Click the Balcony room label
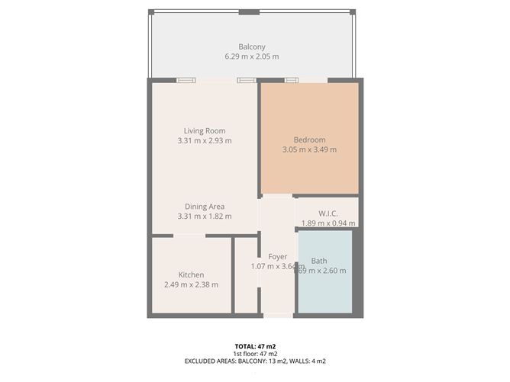(252, 46)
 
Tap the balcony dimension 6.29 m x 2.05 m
(252, 56)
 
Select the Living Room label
(205, 130)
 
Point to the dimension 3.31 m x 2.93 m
(205, 140)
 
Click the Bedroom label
(309, 140)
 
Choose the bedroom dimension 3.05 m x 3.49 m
(309, 149)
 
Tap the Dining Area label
(205, 206)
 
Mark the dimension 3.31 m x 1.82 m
(205, 217)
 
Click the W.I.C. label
(328, 213)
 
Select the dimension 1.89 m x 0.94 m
(328, 223)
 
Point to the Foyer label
(277, 257)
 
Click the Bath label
(319, 261)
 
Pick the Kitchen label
(191, 274)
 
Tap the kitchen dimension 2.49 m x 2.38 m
(191, 284)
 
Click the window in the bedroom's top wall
(292, 80)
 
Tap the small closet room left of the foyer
(246, 276)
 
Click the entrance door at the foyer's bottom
(277, 315)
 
